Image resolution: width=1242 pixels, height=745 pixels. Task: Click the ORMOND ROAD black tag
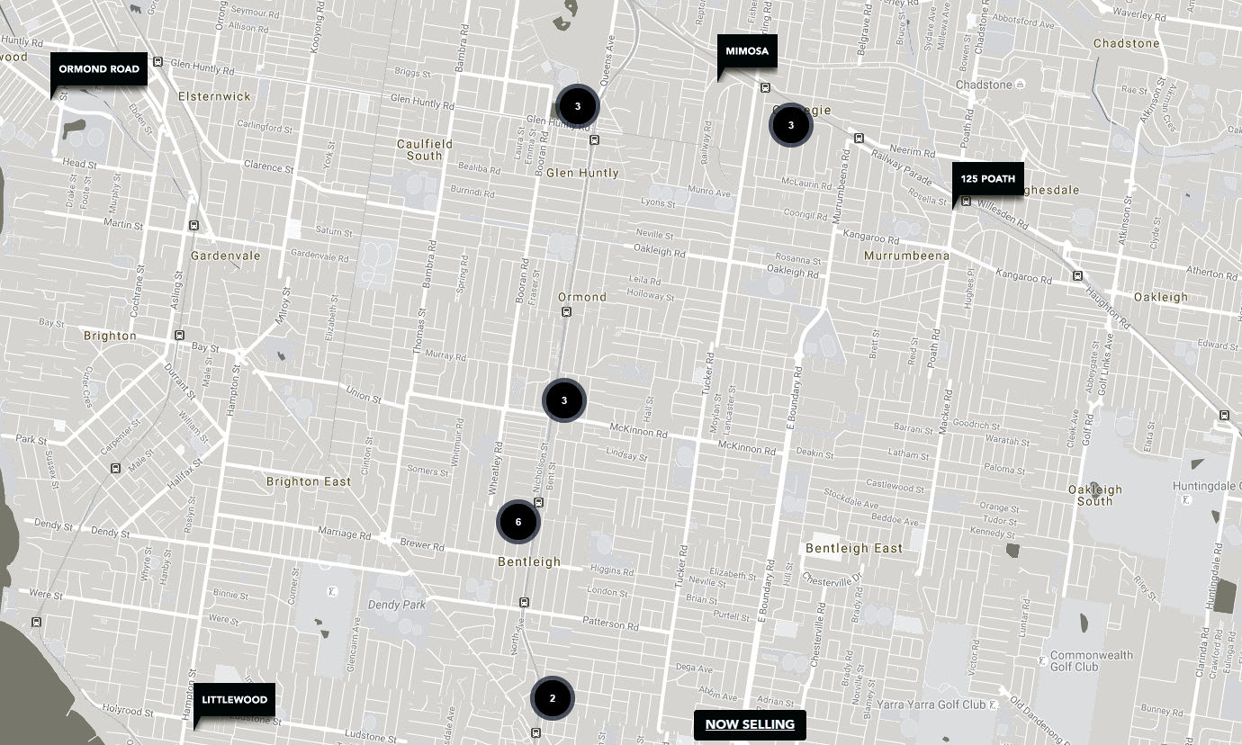tap(99, 69)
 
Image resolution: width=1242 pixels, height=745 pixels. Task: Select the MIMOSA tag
tap(747, 51)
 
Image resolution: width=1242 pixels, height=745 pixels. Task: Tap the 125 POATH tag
tap(987, 179)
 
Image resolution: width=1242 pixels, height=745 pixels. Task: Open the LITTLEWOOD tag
tap(234, 699)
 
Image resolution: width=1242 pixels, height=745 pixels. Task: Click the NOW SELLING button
tap(750, 724)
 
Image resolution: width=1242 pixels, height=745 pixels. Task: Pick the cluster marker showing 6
tap(518, 522)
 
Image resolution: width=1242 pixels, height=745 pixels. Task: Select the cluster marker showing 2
tap(553, 698)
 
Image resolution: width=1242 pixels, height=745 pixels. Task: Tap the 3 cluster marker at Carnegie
tap(791, 125)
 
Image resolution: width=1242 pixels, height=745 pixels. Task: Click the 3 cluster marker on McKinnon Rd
tap(564, 400)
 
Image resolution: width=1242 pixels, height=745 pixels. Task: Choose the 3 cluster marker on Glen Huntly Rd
tap(578, 106)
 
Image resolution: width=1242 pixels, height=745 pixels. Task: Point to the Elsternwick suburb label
tap(214, 96)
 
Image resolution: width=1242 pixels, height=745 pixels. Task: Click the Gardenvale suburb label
tap(225, 256)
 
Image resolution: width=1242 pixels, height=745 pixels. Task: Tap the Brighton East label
tap(309, 481)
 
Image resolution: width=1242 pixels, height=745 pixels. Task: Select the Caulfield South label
tap(425, 149)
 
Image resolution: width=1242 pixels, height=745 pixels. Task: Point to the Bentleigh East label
tap(854, 548)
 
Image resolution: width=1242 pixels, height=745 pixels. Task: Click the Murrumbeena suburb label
tap(906, 256)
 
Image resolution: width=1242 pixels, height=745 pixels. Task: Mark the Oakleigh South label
tap(1095, 495)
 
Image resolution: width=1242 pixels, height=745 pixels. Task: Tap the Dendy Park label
tap(396, 605)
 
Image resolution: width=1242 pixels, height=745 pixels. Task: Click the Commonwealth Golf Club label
tap(1091, 660)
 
